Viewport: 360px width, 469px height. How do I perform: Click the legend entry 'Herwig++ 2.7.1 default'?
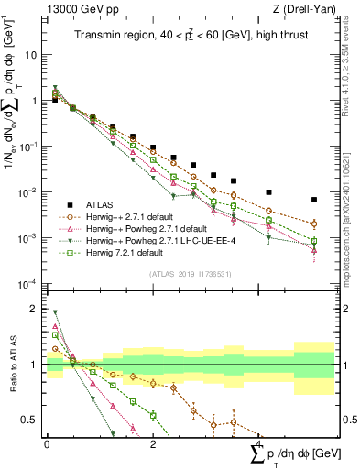129,217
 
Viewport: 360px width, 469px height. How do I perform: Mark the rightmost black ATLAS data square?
314,200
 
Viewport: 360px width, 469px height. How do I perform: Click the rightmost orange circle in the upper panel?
314,224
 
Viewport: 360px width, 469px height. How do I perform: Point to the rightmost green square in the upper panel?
314,241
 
